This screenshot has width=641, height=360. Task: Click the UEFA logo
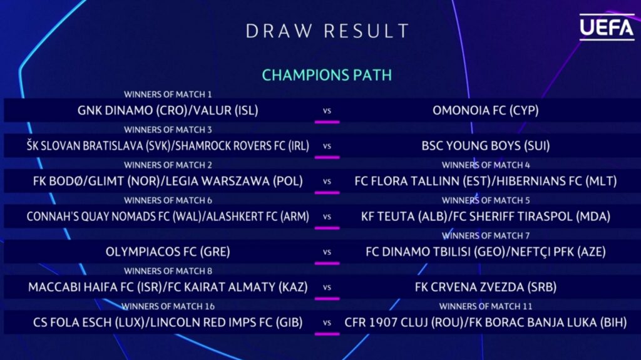607,27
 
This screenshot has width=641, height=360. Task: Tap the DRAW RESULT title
327,31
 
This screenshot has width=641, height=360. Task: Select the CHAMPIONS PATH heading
327,75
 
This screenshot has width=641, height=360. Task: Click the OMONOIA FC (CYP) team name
486,110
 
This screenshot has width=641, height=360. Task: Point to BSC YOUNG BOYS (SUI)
486,146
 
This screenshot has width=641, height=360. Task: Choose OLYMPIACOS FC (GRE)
168,252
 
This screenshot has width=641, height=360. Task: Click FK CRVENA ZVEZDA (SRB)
486,287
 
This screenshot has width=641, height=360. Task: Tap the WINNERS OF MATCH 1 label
168,95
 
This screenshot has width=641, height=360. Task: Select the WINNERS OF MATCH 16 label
168,306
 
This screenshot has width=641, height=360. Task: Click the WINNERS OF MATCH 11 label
486,306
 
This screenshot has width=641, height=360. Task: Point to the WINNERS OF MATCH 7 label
486,235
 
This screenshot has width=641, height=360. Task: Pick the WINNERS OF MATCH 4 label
486,165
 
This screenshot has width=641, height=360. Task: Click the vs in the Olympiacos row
327,252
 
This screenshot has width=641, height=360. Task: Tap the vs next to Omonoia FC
327,111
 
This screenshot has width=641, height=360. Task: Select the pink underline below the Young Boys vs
327,157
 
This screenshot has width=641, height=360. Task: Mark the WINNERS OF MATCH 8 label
168,271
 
